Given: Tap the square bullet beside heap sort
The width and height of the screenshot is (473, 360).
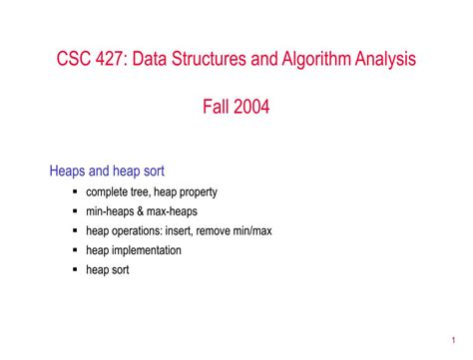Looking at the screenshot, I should (76, 269).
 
